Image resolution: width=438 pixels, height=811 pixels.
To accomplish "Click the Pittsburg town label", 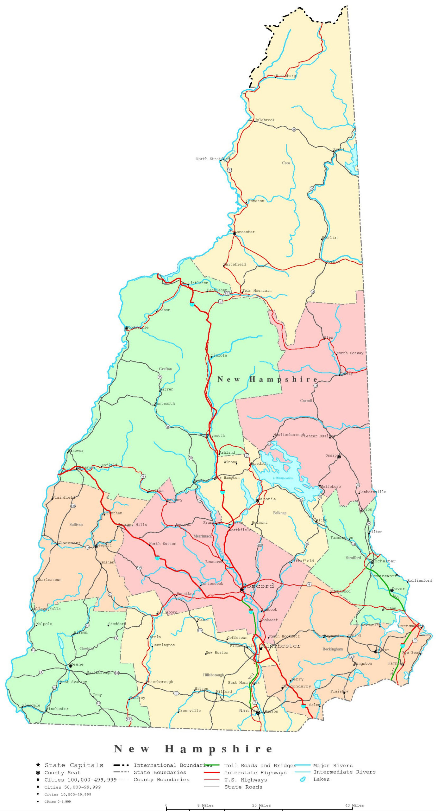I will [x=286, y=76].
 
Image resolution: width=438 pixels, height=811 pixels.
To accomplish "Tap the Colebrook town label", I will [x=265, y=120].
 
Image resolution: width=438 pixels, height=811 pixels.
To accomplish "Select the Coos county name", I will [x=286, y=163].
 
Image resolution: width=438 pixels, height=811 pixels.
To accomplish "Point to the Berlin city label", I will [x=330, y=238].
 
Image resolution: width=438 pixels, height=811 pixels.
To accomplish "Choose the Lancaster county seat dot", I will [x=235, y=233].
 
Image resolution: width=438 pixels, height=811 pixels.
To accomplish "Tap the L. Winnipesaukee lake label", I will [x=283, y=478].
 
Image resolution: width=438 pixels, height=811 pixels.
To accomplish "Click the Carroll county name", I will [x=306, y=401].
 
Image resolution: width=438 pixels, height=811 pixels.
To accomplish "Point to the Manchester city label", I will [x=281, y=646].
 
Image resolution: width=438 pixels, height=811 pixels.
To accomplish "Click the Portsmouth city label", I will [x=410, y=626].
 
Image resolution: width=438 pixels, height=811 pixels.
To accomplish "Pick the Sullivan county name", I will [x=76, y=524].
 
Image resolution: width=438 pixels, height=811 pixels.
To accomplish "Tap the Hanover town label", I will [x=76, y=450].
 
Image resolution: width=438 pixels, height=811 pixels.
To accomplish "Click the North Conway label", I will [x=350, y=353].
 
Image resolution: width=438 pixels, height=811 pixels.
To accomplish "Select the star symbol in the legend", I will [x=38, y=765].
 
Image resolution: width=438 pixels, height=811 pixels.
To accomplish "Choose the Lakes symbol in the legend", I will [x=303, y=779].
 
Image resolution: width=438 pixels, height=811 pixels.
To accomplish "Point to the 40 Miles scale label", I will [x=354, y=805].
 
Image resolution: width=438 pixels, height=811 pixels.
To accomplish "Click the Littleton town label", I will [x=198, y=283].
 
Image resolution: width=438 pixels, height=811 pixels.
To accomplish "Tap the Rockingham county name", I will [x=333, y=649].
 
